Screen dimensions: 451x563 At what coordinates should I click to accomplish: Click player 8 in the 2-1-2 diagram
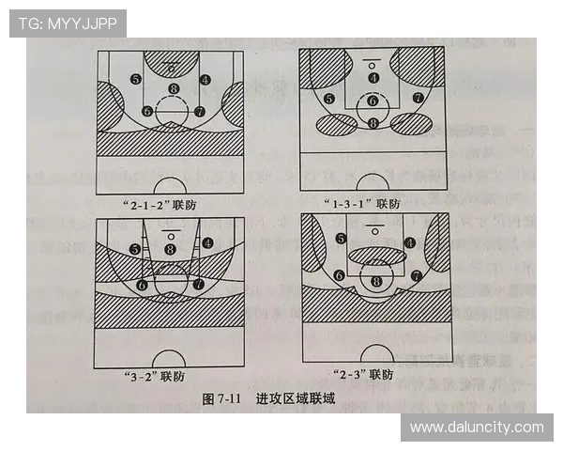[x=173, y=89]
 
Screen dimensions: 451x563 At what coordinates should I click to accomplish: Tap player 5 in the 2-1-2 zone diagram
[x=136, y=79]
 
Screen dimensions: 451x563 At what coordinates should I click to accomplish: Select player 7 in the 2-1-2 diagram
[x=199, y=111]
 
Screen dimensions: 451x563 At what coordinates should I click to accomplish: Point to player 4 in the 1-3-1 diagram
[x=373, y=78]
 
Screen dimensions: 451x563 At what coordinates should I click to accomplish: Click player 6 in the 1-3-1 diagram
[x=373, y=101]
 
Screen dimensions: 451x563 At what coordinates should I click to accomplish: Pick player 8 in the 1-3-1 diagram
[x=373, y=122]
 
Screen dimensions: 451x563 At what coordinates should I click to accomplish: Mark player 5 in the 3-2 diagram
[x=136, y=249]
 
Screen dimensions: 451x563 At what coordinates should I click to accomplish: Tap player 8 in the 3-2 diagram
[x=170, y=249]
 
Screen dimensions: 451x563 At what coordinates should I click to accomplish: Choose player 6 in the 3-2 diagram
[x=142, y=284]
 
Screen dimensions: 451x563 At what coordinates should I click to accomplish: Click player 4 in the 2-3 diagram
[x=410, y=242]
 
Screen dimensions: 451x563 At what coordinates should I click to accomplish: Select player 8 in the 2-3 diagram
[x=377, y=281]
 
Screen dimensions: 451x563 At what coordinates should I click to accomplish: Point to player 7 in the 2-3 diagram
[x=416, y=276]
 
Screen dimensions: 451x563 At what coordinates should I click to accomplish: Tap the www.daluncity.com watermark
[x=477, y=428]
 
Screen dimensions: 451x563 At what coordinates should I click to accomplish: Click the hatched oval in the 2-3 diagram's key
[x=376, y=254]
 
